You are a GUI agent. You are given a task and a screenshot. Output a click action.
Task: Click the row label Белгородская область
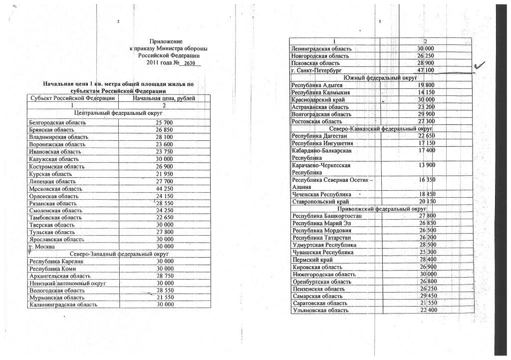(x=58, y=122)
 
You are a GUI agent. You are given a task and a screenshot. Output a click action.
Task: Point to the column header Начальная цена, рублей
(x=164, y=98)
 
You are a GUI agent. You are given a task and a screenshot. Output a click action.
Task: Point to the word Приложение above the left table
(x=166, y=41)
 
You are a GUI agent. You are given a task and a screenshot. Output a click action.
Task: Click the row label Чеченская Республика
(x=321, y=194)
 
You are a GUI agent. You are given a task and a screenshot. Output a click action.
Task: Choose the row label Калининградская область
(x=62, y=305)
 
